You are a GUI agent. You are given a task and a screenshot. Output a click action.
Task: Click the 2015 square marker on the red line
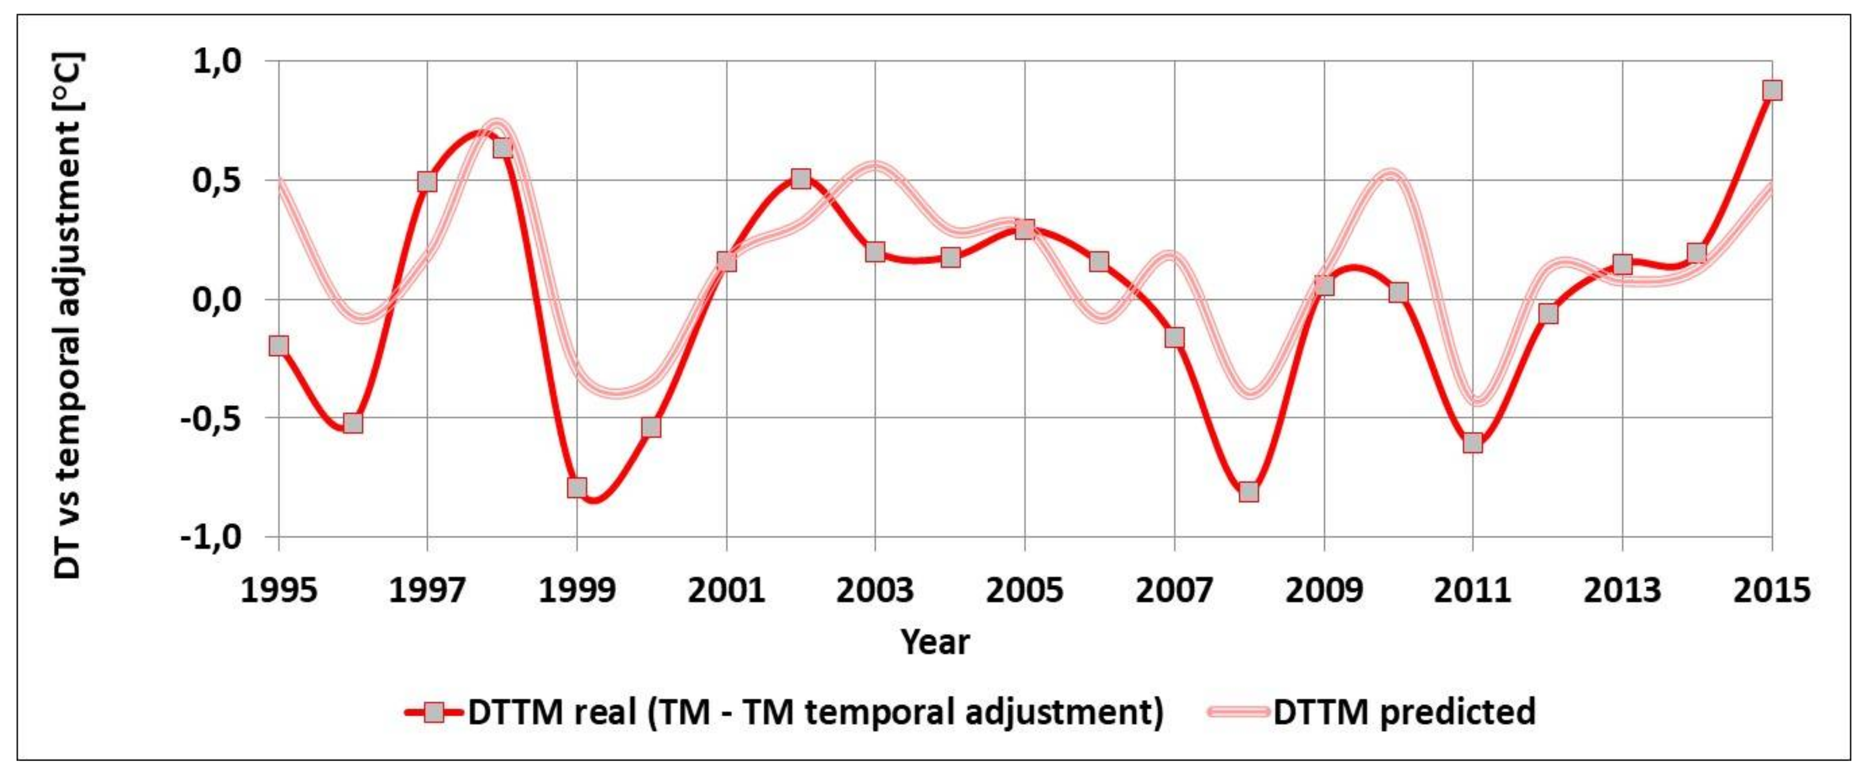point(1772,90)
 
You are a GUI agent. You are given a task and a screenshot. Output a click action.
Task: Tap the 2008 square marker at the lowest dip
point(1249,492)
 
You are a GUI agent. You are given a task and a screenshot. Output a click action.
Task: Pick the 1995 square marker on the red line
point(279,346)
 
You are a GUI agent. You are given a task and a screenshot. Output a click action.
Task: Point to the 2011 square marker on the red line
point(1472,442)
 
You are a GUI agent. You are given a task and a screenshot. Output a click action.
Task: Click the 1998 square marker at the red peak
point(502,148)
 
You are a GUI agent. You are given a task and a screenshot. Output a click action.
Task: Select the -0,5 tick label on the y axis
point(211,419)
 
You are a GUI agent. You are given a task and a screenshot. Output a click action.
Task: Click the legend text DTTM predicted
point(1404,712)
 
